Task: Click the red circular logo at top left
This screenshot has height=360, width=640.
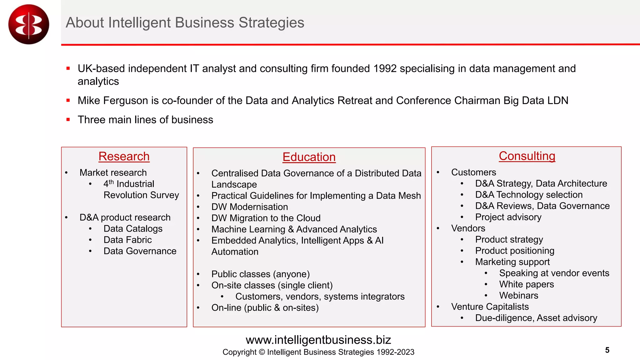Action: coord(29,24)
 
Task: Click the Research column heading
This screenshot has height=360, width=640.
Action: coord(124,156)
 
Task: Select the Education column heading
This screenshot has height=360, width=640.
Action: coord(309,157)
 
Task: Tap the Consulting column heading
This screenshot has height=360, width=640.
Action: coord(527,156)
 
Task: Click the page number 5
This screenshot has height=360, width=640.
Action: coord(607,350)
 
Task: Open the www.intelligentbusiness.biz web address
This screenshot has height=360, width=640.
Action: coord(318,340)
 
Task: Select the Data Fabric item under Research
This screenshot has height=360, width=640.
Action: coord(127,240)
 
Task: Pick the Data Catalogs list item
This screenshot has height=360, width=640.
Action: coord(133,228)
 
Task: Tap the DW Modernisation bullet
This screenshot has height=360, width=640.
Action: coord(249,207)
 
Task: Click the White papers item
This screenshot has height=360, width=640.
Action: coord(526,284)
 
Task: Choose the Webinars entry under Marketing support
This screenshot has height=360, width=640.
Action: coord(518,295)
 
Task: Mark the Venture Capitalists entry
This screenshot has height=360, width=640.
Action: coord(490,307)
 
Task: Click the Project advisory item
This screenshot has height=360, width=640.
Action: coord(508,217)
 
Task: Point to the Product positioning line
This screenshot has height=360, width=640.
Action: coord(515,251)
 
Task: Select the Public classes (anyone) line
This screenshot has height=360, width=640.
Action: coord(260,274)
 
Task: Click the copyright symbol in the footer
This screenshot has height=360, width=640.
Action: coord(262,352)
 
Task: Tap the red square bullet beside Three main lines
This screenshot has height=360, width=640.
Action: coord(68,119)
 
